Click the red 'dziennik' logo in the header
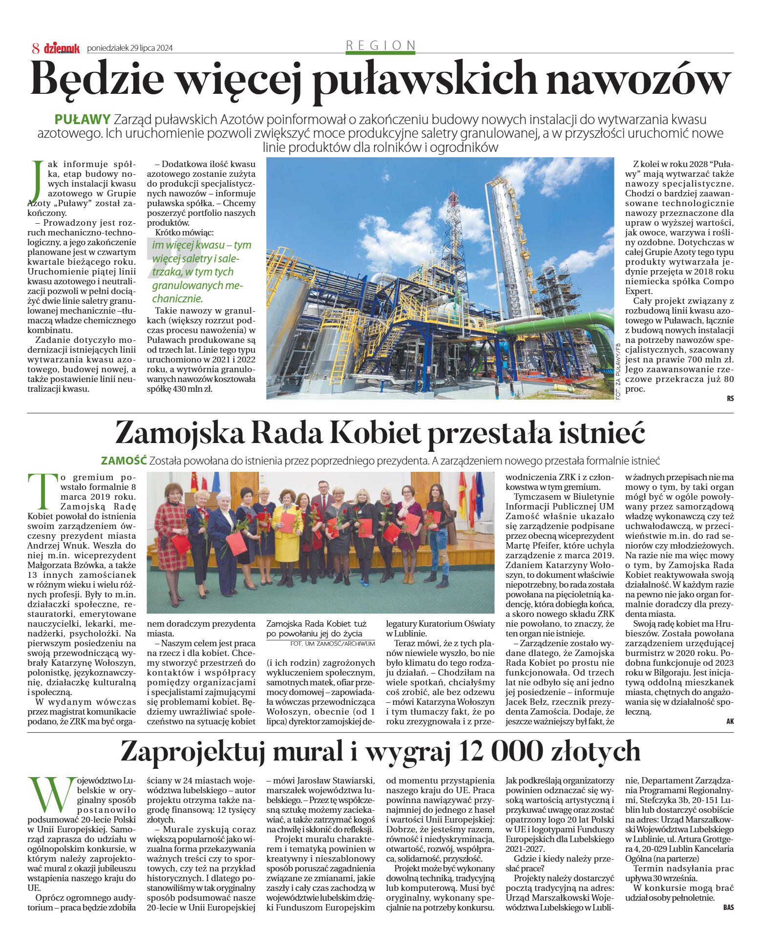(x=62, y=48)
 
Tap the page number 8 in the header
(x=36, y=48)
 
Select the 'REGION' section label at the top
(x=380, y=45)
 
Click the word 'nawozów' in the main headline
(x=638, y=78)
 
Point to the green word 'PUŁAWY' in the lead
(x=83, y=119)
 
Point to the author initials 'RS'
(x=730, y=399)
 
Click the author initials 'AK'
(x=730, y=721)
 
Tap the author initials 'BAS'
(x=728, y=908)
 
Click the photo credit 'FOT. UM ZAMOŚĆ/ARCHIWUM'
(x=332, y=644)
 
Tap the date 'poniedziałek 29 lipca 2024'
(x=129, y=48)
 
